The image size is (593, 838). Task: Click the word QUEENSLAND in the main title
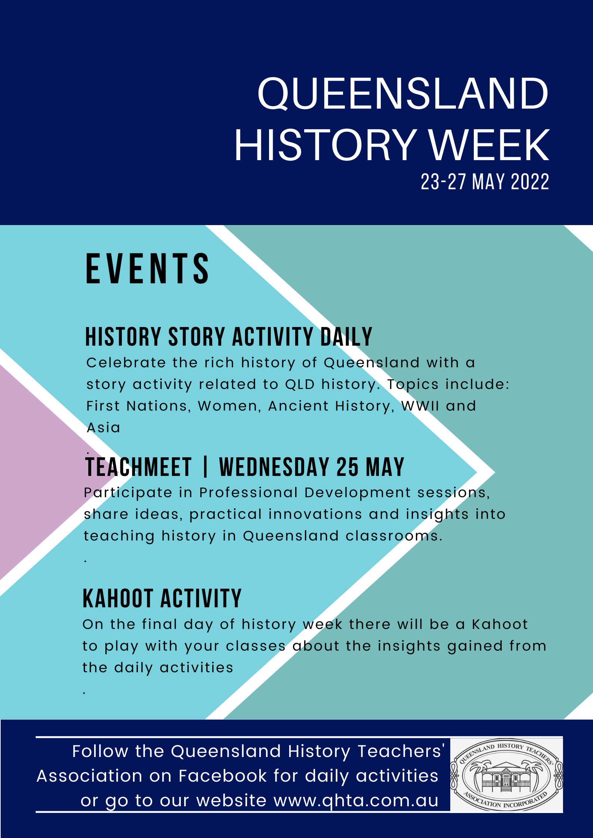coord(403,94)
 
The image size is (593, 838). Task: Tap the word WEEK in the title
coord(489,145)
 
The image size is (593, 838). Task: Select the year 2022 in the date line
coord(530,182)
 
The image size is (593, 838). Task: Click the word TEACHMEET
coord(139,467)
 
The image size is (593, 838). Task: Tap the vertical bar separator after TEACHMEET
coord(206,467)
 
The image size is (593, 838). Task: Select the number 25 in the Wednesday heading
coord(347,467)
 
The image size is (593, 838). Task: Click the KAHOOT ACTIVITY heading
coord(162,599)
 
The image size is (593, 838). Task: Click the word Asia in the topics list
coord(104,428)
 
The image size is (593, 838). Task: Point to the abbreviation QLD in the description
coord(300,384)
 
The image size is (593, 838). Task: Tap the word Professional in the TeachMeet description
coord(248,493)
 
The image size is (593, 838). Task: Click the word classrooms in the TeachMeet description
coord(394,536)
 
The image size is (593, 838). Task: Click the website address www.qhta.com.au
coord(356,801)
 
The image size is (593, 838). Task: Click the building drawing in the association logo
coord(506,775)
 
